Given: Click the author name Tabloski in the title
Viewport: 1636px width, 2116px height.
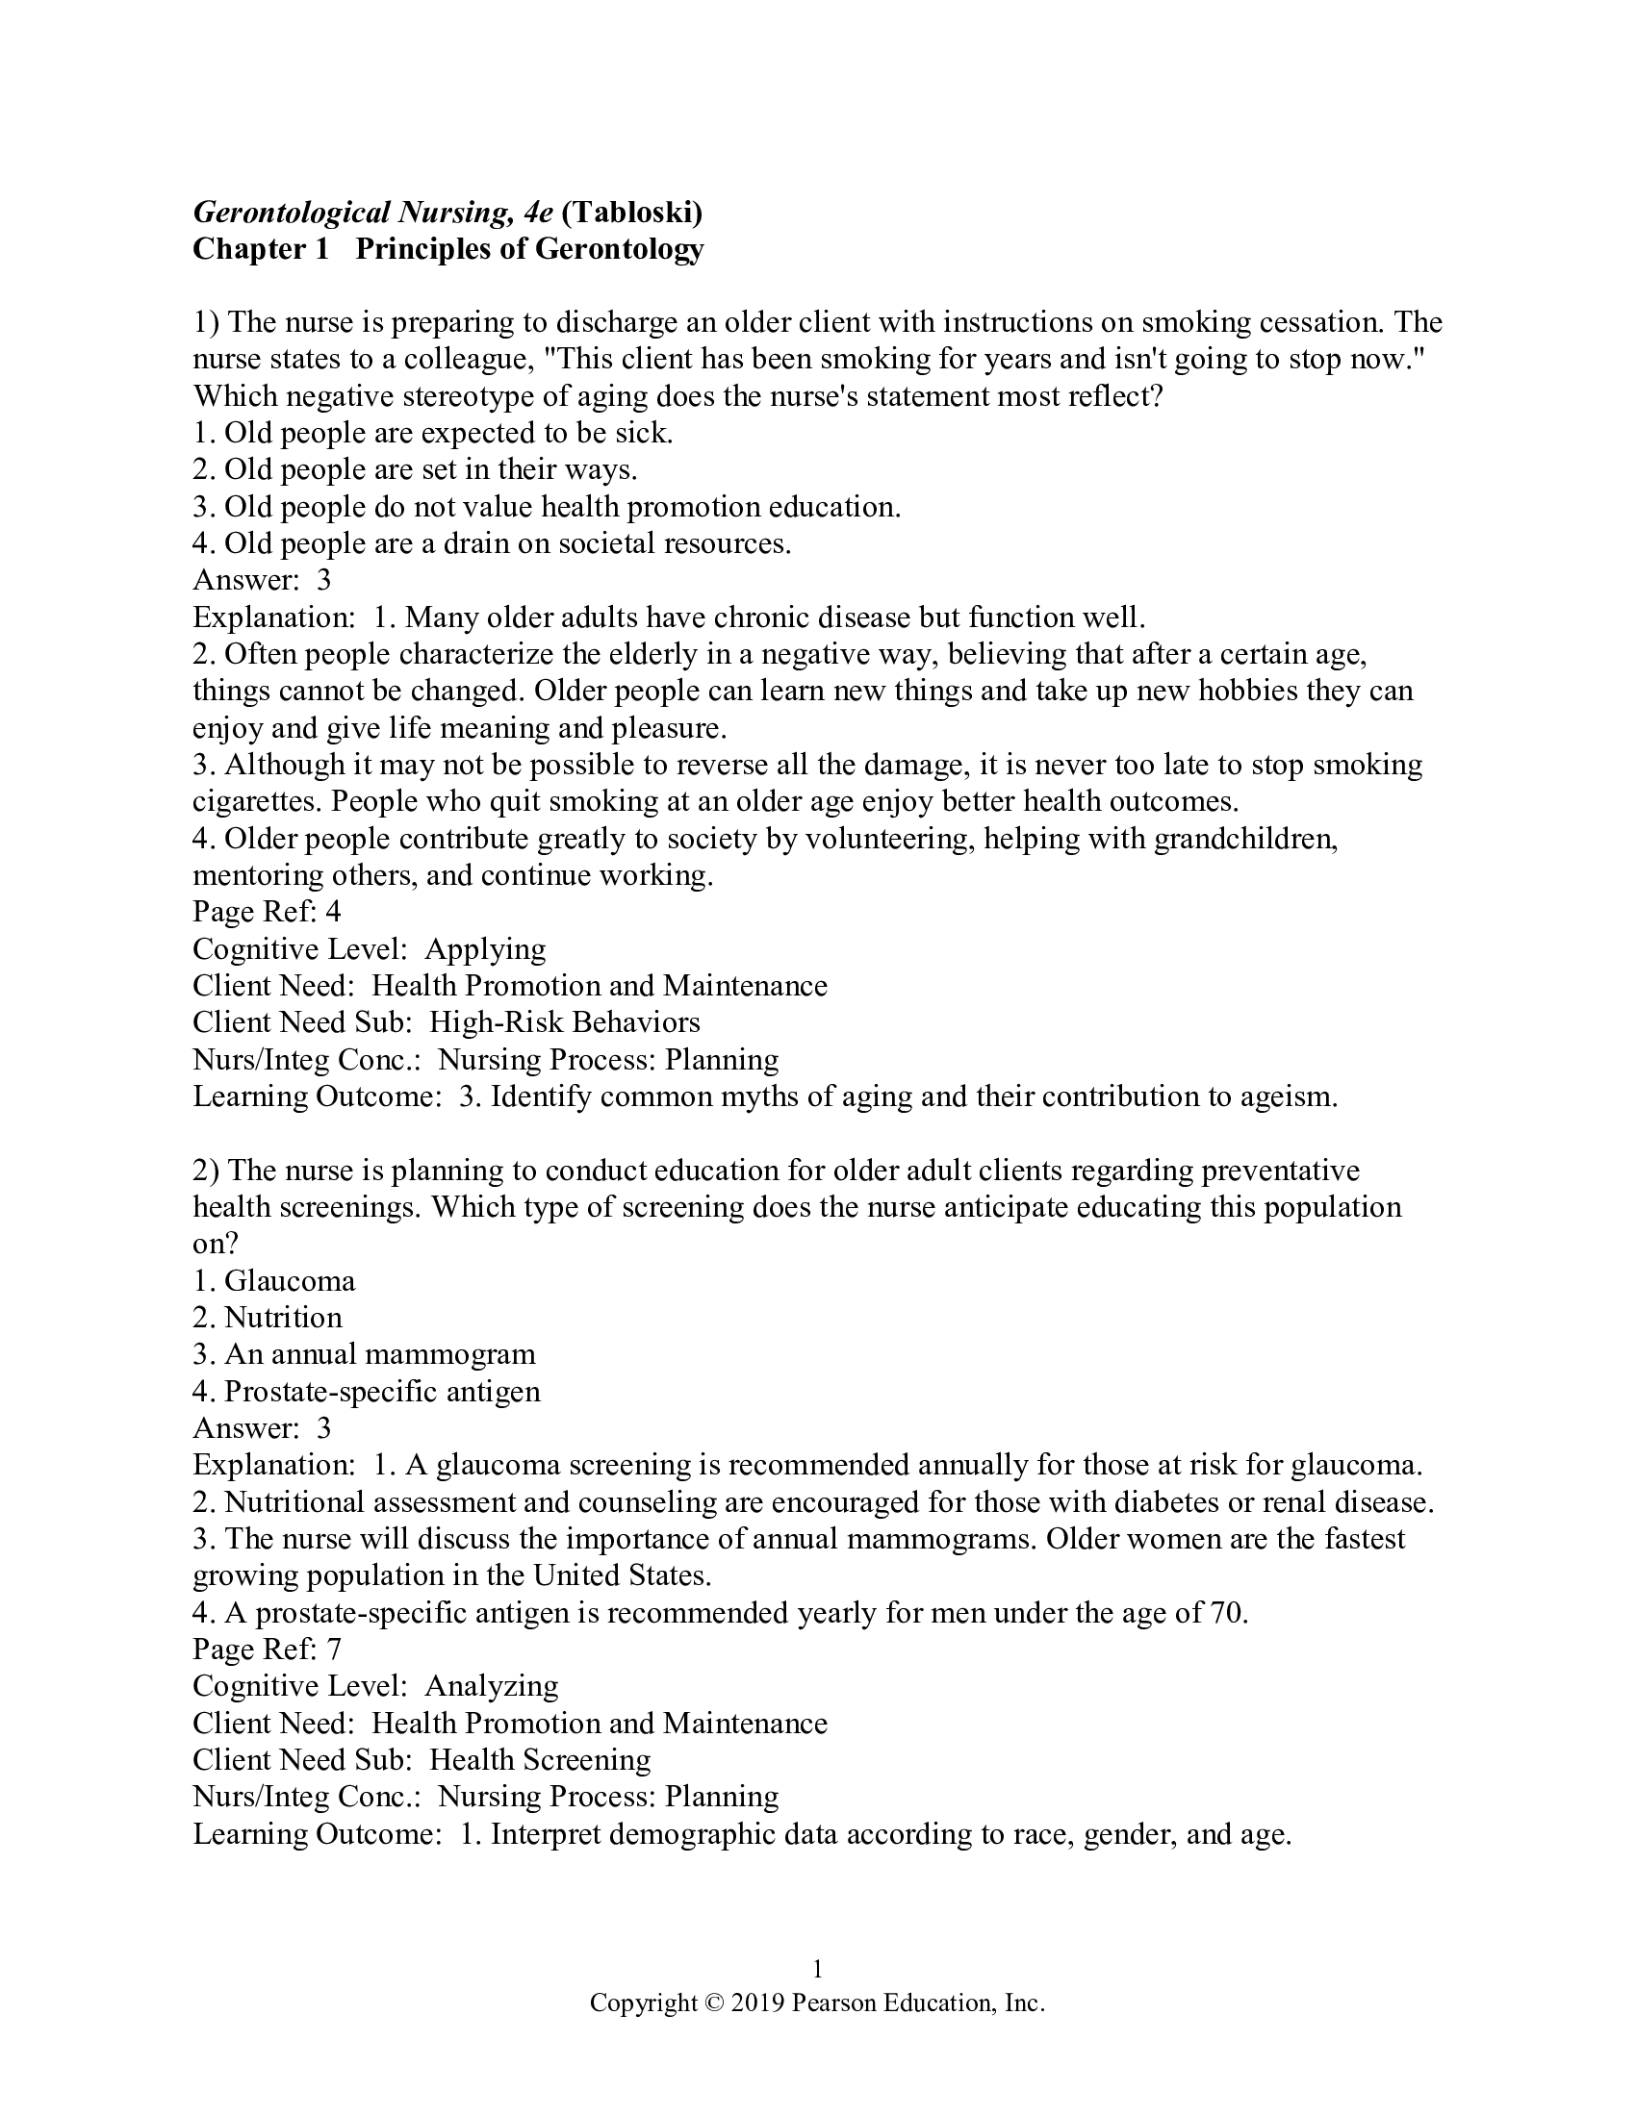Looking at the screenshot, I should [x=631, y=212].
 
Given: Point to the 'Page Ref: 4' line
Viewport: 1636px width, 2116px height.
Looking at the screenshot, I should [x=267, y=912].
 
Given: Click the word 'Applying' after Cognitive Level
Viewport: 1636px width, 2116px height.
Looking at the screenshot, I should [x=485, y=948].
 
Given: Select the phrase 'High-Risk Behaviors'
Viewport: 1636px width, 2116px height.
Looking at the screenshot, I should [x=564, y=1022].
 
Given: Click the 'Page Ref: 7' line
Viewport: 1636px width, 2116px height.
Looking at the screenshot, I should [x=267, y=1650].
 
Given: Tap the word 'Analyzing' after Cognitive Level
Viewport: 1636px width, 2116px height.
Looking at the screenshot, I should [x=492, y=1687].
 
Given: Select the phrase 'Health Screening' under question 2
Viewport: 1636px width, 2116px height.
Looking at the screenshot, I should [x=540, y=1760].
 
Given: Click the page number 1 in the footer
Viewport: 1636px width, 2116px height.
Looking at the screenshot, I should [x=817, y=1969].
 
